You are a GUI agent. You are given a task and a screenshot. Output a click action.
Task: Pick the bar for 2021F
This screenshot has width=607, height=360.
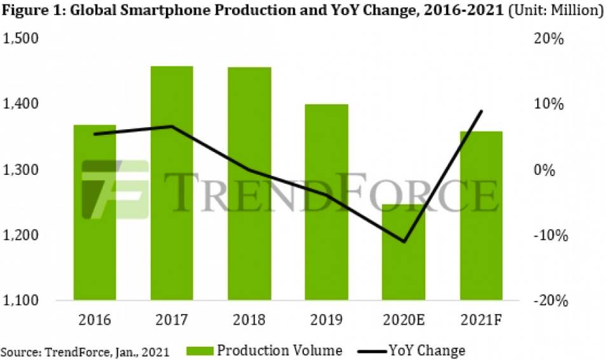click(481, 216)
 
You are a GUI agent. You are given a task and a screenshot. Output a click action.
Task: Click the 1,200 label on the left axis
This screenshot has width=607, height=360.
click(22, 236)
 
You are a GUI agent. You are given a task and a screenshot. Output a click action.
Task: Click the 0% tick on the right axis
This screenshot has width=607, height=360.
click(550, 170)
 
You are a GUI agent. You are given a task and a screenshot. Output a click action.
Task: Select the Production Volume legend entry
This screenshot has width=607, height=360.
click(266, 350)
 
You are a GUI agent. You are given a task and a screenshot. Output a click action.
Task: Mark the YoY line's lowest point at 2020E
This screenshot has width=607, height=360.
click(404, 242)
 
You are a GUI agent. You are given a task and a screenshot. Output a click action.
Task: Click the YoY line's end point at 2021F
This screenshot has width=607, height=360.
click(481, 111)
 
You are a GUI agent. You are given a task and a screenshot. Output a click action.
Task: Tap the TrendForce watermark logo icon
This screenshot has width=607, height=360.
click(115, 189)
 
